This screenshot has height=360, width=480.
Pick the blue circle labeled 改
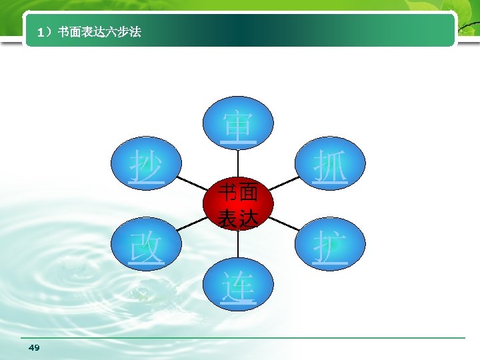pyautogui.click(x=146, y=246)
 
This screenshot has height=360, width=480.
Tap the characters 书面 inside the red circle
pyautogui.click(x=238, y=194)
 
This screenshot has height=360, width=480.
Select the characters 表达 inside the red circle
pyautogui.click(x=238, y=217)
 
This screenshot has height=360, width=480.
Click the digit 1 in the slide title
pyautogui.click(x=41, y=31)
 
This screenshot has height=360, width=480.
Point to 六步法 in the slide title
pyautogui.click(x=124, y=31)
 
